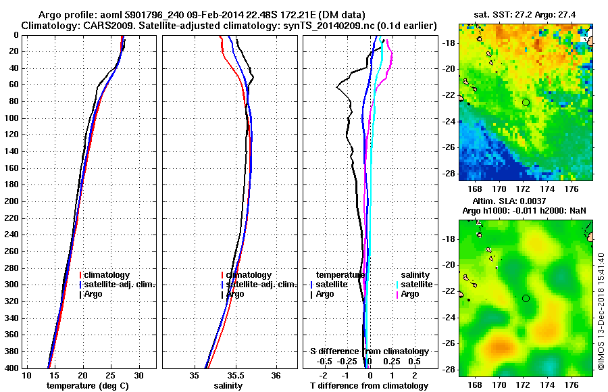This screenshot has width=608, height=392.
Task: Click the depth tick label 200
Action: point(11,201)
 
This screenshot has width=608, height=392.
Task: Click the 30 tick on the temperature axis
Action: point(139,375)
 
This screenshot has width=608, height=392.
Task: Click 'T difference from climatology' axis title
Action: point(369,385)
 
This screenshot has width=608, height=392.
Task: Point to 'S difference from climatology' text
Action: point(369,351)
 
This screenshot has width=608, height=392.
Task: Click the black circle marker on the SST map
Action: point(526,102)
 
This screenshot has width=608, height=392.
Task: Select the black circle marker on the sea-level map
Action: point(526,298)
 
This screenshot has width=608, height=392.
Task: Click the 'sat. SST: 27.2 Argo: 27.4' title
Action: point(524,14)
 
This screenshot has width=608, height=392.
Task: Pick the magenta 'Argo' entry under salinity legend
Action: point(409,294)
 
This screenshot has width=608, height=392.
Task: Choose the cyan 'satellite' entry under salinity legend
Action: point(415,285)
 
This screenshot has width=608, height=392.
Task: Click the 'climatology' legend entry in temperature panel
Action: point(106,275)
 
